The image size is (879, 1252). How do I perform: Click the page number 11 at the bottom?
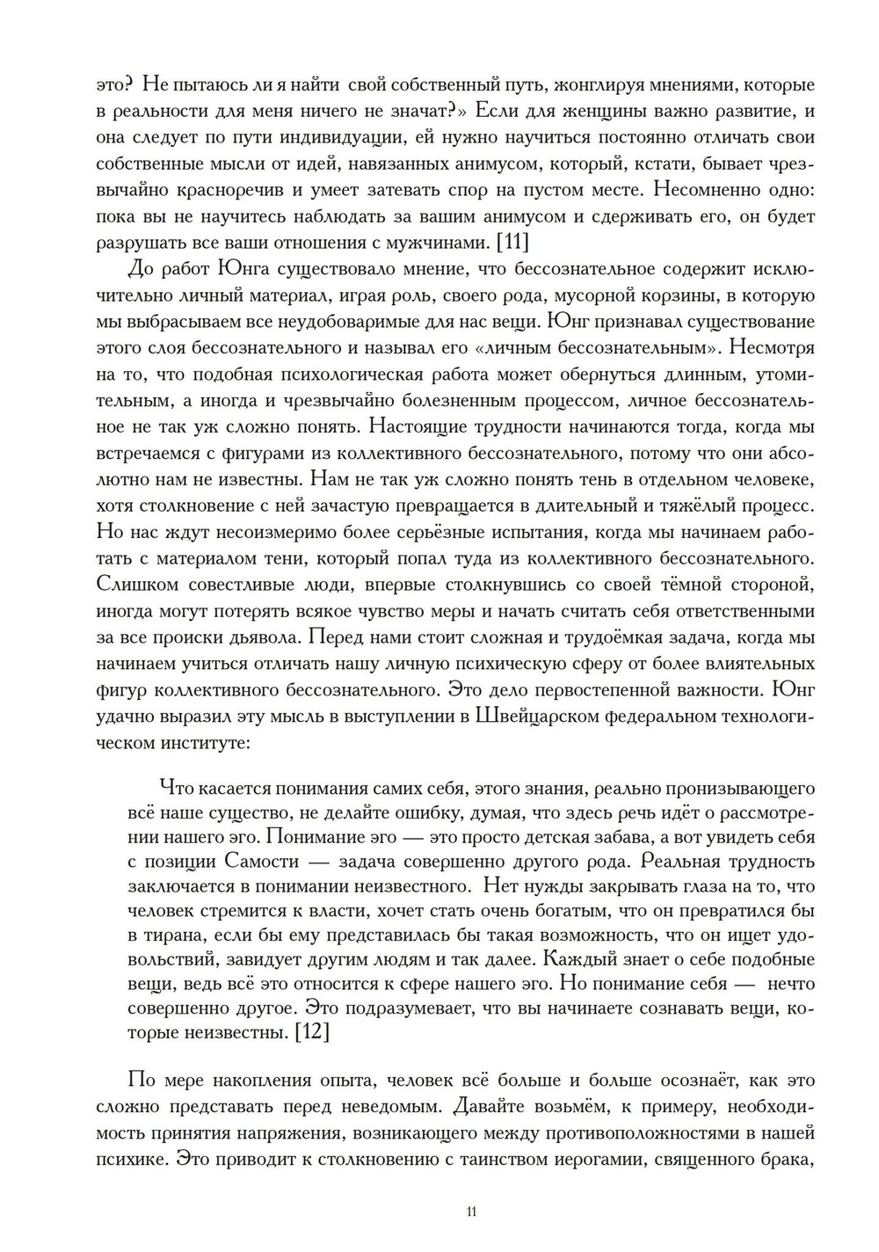point(471,1212)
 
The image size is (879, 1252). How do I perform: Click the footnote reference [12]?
point(312,1032)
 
